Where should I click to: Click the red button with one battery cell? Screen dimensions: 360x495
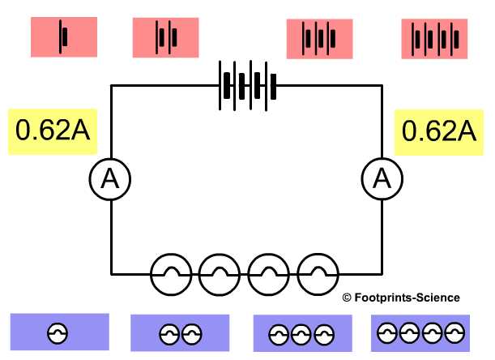click(x=63, y=37)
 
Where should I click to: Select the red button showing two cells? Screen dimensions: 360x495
click(x=165, y=37)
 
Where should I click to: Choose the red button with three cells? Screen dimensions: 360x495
click(x=319, y=38)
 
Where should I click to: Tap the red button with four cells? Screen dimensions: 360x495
click(x=435, y=38)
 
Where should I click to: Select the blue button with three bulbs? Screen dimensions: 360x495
click(x=301, y=333)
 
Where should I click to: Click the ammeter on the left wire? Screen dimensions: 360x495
click(x=109, y=180)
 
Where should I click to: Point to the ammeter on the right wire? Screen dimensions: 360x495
click(x=380, y=180)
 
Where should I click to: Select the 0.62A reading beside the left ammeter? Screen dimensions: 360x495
click(x=53, y=131)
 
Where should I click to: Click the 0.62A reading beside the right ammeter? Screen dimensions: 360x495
click(x=438, y=131)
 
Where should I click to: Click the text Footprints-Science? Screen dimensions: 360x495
click(x=407, y=298)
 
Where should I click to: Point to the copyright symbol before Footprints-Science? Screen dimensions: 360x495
click(x=346, y=298)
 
